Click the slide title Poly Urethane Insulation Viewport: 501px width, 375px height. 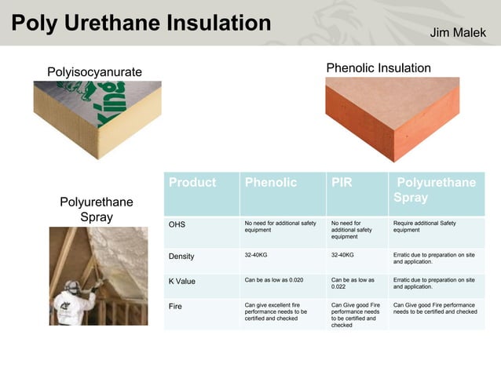click(141, 22)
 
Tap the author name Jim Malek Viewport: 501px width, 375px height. click(459, 32)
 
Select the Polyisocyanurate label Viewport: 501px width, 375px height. click(94, 72)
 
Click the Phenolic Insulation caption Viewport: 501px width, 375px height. click(378, 68)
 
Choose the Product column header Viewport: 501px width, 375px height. click(192, 183)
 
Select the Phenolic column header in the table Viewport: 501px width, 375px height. click(271, 183)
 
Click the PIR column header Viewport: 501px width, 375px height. click(342, 183)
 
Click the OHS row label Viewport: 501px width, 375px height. click(177, 224)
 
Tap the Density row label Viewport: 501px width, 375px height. click(181, 256)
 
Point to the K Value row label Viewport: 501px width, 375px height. click(182, 280)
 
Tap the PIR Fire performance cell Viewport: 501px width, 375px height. click(356, 314)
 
